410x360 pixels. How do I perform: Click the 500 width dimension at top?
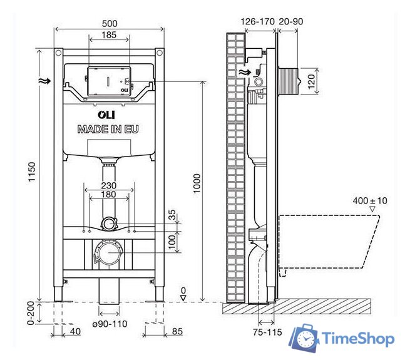coord(110,23)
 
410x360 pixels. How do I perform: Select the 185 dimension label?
coord(110,36)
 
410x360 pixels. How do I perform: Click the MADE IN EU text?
coord(108,129)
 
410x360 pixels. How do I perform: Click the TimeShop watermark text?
coord(358,339)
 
